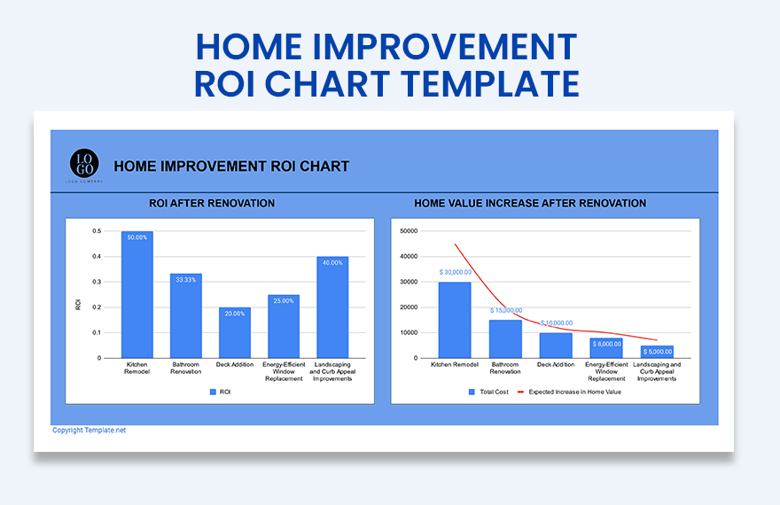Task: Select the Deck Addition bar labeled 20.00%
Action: click(234, 333)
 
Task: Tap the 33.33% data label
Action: click(186, 280)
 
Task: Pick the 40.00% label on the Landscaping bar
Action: click(332, 263)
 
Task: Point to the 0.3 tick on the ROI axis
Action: click(97, 282)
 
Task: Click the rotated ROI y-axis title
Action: click(78, 305)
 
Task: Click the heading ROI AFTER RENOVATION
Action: click(212, 204)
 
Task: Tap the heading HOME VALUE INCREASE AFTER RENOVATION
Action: click(530, 204)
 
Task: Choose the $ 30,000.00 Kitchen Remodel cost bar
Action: click(455, 320)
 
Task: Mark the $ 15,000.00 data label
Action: click(506, 311)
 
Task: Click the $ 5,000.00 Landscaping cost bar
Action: click(657, 352)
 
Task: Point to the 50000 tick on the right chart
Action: click(409, 231)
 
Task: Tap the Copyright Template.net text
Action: click(90, 431)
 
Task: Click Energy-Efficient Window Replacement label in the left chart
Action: click(284, 371)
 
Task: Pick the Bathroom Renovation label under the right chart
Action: click(505, 368)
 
